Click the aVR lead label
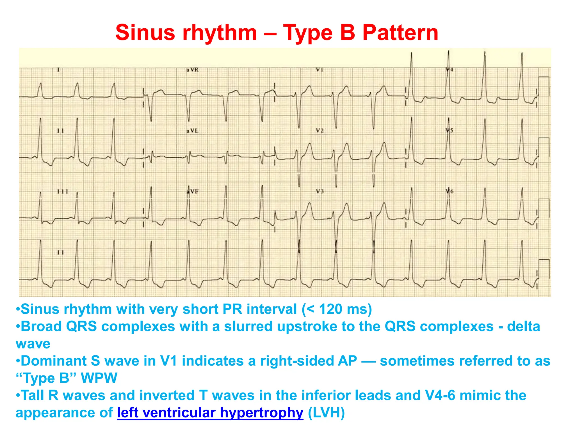[193, 70]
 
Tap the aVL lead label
[192, 131]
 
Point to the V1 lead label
[320, 70]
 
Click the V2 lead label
[320, 131]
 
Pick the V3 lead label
[320, 191]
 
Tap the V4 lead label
[449, 70]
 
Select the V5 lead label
[449, 130]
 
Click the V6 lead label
[449, 191]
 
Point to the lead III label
[63, 192]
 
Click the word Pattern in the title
[400, 33]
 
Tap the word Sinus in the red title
[145, 33]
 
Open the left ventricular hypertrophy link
[210, 413]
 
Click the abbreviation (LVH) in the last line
[326, 413]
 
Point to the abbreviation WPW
[99, 378]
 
